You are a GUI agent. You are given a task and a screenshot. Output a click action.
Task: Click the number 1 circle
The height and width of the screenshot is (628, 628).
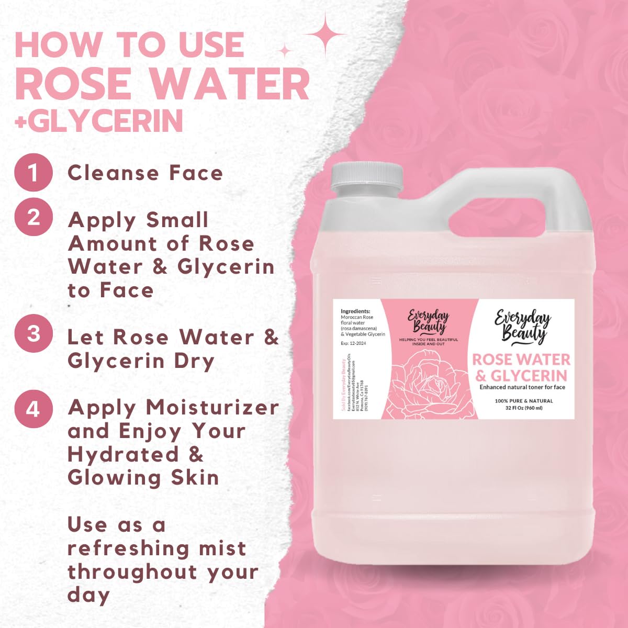click(x=33, y=172)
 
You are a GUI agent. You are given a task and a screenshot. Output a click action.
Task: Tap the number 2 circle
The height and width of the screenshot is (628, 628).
click(x=33, y=217)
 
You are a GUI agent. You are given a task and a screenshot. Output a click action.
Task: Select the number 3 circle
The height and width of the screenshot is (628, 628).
click(x=33, y=333)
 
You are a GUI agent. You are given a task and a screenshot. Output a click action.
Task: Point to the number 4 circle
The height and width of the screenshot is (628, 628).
click(x=33, y=408)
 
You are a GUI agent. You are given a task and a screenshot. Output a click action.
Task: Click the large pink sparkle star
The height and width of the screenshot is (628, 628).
click(x=324, y=33)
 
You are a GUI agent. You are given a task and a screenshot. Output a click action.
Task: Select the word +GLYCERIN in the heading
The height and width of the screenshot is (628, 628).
click(x=99, y=121)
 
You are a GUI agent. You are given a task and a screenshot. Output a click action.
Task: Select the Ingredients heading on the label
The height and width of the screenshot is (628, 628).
click(x=355, y=311)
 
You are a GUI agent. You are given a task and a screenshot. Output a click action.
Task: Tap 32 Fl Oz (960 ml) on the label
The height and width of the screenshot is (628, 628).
click(x=523, y=408)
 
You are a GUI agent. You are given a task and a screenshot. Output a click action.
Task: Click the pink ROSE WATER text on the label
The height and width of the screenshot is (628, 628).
click(x=521, y=360)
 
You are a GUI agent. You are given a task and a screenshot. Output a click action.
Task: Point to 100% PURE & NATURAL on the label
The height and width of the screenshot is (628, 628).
click(x=523, y=401)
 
